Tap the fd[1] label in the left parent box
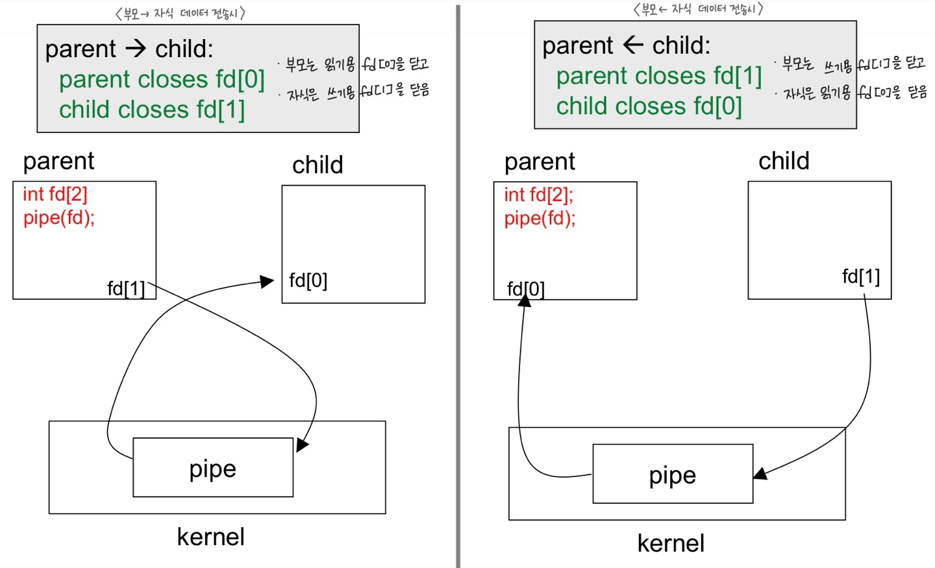126,288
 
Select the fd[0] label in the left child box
308,280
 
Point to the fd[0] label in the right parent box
526,289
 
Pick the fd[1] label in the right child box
861,277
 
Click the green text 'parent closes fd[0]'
162,79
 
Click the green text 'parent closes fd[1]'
659,76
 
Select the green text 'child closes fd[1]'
152,110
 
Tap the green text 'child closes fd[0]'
649,106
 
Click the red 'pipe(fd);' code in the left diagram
59,218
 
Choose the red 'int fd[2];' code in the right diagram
539,195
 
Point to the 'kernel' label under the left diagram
211,537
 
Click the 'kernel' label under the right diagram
671,543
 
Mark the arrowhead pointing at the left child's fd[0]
267,281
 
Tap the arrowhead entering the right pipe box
760,474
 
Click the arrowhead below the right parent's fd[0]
524,301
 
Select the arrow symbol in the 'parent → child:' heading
136,49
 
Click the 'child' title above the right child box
784,161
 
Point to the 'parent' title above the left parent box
59,162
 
